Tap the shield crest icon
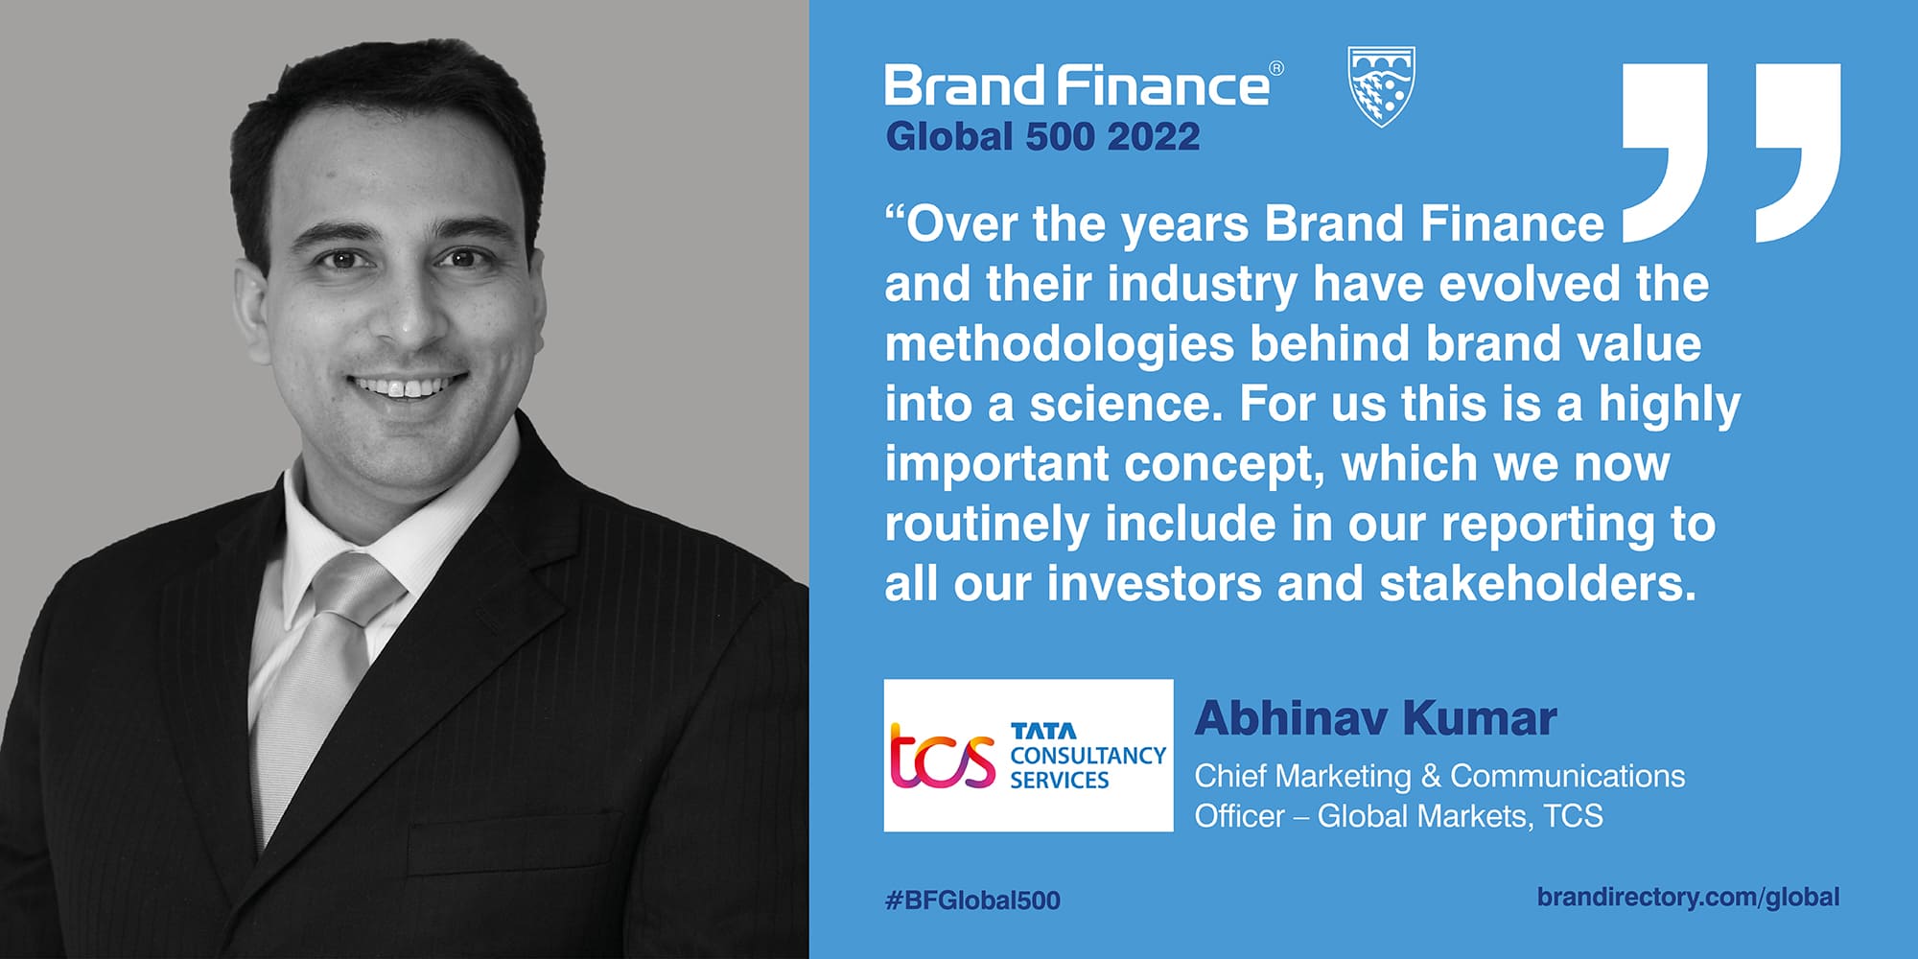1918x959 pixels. [x=1381, y=86]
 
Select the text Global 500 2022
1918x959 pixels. [x=1042, y=136]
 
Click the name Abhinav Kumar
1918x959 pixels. [x=1375, y=718]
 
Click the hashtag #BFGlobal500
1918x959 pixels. [x=972, y=900]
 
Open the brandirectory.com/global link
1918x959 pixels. [x=1688, y=897]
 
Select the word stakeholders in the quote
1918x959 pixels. [x=1537, y=583]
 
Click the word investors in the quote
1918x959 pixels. [x=1154, y=583]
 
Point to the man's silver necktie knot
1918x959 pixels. [x=351, y=586]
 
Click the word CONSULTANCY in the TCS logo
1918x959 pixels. [x=1088, y=756]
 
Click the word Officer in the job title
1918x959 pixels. [x=1239, y=816]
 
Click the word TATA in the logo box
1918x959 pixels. [x=1043, y=731]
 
